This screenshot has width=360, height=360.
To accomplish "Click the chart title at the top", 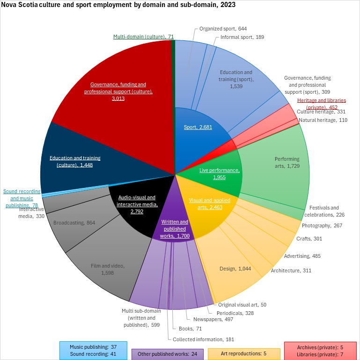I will [118, 5].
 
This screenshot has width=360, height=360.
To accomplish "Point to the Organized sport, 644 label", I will [223, 28].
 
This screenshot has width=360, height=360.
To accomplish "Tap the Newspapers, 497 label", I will [206, 319].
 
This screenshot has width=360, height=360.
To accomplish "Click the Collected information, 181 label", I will [203, 339].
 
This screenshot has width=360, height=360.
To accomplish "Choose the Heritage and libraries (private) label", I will [321, 104].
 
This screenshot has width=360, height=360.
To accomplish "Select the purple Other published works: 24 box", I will [168, 353].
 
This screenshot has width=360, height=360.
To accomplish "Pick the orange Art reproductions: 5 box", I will [243, 353].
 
